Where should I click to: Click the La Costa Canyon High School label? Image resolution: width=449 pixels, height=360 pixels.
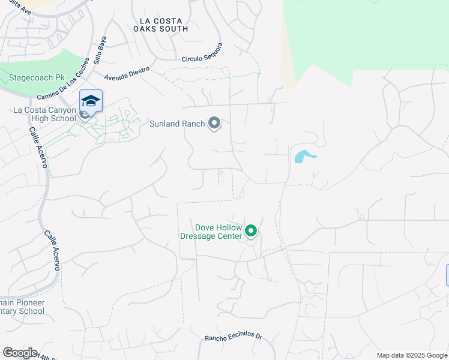click(x=44, y=114)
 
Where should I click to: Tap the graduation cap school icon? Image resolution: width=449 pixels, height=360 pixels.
click(x=91, y=100)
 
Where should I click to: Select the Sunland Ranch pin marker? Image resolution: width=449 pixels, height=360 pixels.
click(x=214, y=124)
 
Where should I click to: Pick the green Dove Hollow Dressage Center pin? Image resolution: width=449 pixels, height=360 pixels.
click(x=252, y=230)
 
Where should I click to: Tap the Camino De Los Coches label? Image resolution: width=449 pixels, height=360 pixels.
click(x=63, y=80)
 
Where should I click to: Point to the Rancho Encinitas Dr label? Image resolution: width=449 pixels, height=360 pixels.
click(x=234, y=337)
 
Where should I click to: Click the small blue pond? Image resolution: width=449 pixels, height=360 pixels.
click(x=303, y=157)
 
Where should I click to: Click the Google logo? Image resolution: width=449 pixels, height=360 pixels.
click(x=20, y=353)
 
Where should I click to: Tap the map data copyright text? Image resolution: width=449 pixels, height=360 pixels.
click(x=412, y=355)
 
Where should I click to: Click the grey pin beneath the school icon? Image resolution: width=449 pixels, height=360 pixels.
click(x=85, y=114)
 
